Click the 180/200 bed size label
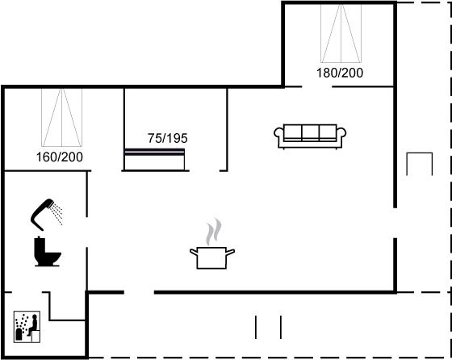click(340, 73)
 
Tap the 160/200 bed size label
click(60, 157)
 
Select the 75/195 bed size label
click(168, 138)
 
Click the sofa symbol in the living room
click(310, 136)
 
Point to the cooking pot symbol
click(211, 257)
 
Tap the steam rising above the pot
click(214, 232)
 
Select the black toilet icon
click(48, 251)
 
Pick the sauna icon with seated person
click(27, 327)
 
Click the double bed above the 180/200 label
click(341, 33)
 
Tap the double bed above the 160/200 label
click(61, 117)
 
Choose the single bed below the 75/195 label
click(154, 159)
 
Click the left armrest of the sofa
click(278, 136)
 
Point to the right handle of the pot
click(230, 252)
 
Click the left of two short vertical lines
click(256, 327)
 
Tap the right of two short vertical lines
click(281, 327)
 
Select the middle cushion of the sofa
click(310, 133)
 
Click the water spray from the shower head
click(57, 214)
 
